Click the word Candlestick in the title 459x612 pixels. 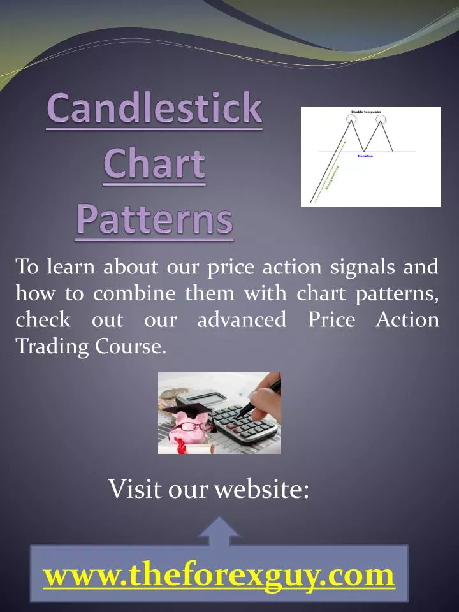click(x=154, y=109)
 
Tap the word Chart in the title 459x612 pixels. click(x=154, y=164)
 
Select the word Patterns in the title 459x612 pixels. click(x=154, y=219)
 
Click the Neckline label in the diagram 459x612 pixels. click(x=365, y=156)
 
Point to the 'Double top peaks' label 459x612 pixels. click(x=366, y=112)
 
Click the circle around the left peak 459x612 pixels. click(x=351, y=118)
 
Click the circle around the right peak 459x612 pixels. click(x=381, y=118)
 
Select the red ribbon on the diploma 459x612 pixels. click(x=181, y=448)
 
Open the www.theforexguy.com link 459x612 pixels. click(x=219, y=576)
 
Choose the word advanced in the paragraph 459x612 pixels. click(x=242, y=319)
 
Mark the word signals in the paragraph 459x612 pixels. click(x=363, y=266)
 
